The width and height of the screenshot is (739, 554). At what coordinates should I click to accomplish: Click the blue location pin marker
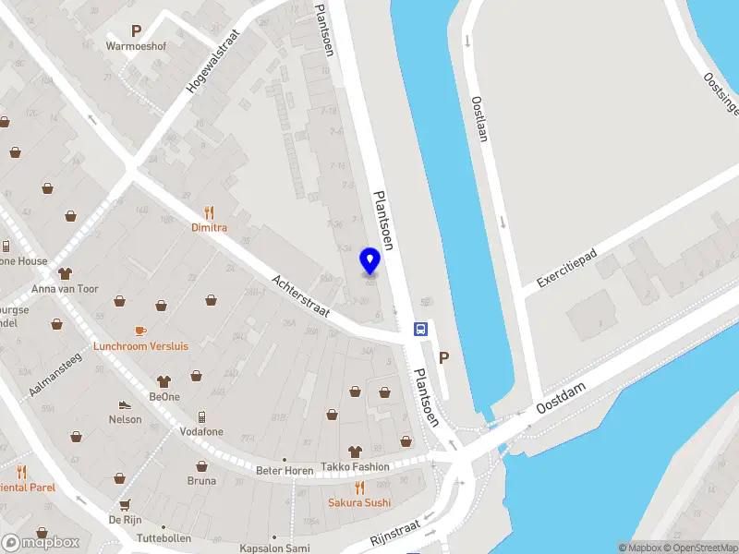pyautogui.click(x=370, y=261)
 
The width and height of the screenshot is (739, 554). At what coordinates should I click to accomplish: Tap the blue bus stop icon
pyautogui.click(x=420, y=329)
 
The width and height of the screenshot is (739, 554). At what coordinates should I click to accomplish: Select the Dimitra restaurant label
pyautogui.click(x=209, y=227)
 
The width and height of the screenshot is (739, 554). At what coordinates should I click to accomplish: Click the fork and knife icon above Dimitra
pyautogui.click(x=209, y=211)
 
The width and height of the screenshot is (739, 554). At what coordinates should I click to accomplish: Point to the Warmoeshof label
pyautogui.click(x=135, y=45)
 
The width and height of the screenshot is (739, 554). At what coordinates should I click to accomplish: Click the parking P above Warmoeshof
pyautogui.click(x=136, y=30)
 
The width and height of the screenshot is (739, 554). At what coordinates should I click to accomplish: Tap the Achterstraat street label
pyautogui.click(x=302, y=296)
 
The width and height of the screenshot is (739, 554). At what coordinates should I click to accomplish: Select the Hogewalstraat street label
pyautogui.click(x=212, y=61)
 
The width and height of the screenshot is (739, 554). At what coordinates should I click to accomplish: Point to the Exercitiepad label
pyautogui.click(x=568, y=268)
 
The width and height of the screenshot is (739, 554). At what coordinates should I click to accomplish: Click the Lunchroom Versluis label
pyautogui.click(x=141, y=346)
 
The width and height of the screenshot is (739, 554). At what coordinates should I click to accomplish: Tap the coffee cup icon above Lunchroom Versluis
pyautogui.click(x=140, y=330)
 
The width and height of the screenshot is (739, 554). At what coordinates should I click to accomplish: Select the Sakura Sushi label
pyautogui.click(x=359, y=502)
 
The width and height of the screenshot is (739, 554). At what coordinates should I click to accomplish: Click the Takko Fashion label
pyautogui.click(x=356, y=467)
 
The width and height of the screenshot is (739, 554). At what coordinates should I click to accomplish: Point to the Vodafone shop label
pyautogui.click(x=200, y=431)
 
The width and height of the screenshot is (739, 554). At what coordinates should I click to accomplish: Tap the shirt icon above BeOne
pyautogui.click(x=164, y=379)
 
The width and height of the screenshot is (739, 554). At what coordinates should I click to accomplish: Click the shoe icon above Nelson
pyautogui.click(x=124, y=404)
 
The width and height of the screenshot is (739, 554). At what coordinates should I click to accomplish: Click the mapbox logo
pyautogui.click(x=40, y=542)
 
